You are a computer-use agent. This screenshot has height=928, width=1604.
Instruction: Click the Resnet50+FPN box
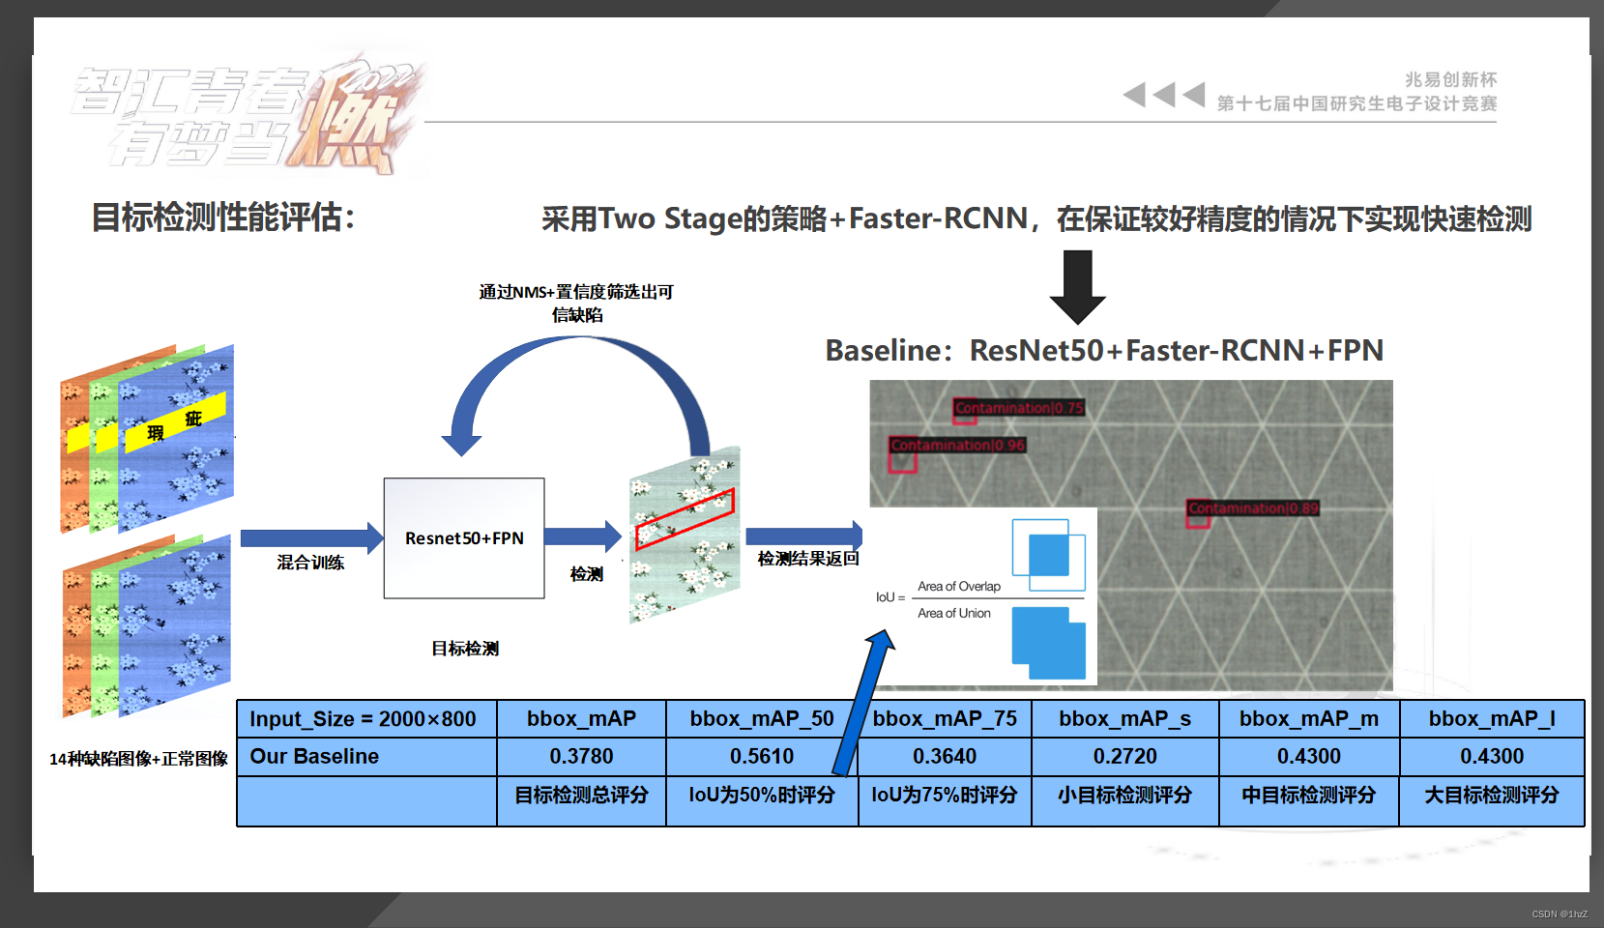(464, 537)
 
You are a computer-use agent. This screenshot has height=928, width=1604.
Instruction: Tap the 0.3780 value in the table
(581, 756)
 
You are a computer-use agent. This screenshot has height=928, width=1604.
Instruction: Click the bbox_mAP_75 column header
(945, 718)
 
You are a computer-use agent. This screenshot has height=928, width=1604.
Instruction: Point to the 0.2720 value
(1124, 756)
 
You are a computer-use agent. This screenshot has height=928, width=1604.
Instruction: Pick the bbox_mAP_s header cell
(1124, 718)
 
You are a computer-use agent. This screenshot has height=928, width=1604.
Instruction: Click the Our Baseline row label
(315, 756)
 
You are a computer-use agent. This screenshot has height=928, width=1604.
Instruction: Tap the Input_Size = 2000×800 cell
(364, 718)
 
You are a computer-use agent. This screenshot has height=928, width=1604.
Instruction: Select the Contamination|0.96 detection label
(957, 445)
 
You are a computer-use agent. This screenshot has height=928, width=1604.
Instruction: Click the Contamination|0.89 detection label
(1253, 507)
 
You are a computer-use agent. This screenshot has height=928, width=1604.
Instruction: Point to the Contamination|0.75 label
(1019, 408)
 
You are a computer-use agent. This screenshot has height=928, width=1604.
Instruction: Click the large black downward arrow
(1077, 286)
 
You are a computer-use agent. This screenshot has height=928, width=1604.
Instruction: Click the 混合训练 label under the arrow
(310, 563)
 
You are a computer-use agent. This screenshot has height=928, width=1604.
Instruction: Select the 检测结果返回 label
(808, 559)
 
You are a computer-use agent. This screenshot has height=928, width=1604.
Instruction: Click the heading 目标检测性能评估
(222, 217)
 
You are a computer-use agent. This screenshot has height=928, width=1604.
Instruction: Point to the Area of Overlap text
(958, 586)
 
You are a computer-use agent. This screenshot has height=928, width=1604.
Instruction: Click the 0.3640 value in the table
(945, 756)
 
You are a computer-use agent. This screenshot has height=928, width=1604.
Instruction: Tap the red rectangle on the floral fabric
(685, 519)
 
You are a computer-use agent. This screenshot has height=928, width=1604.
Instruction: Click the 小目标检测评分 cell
(1124, 795)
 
